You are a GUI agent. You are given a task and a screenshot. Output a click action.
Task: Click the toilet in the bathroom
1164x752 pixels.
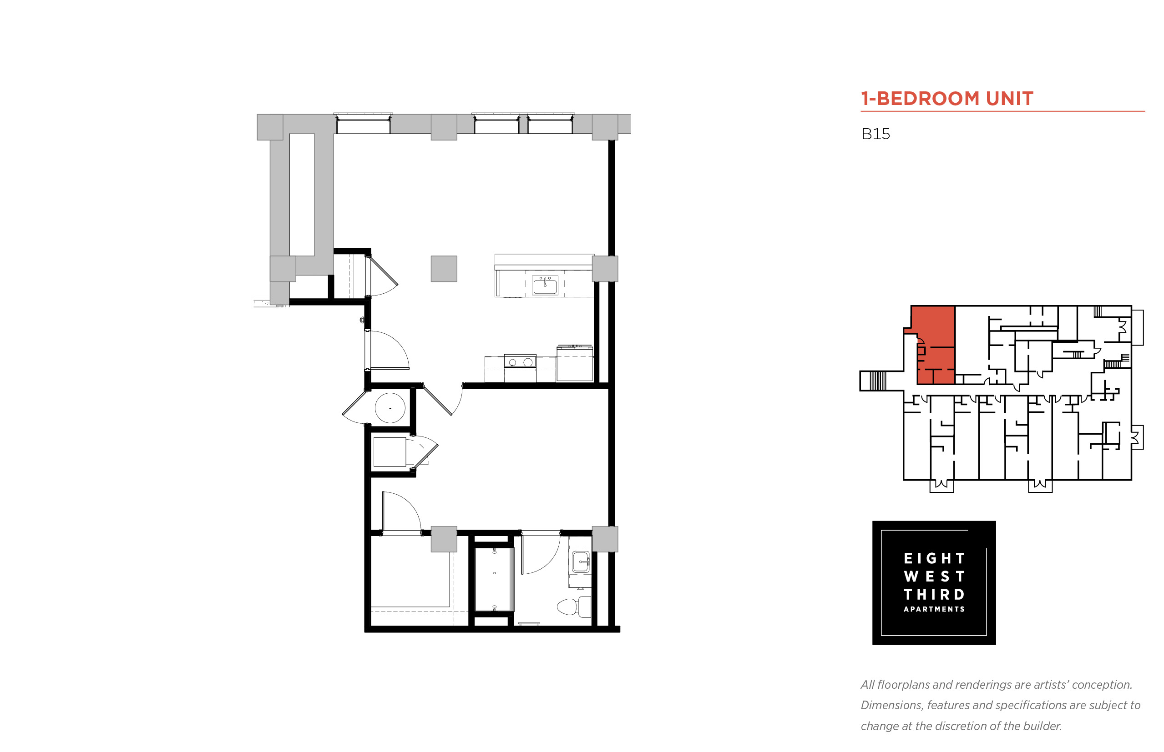[574, 607]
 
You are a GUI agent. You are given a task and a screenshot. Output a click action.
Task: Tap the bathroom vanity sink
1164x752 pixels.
[581, 562]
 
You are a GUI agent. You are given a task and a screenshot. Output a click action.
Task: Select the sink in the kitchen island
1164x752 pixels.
[545, 285]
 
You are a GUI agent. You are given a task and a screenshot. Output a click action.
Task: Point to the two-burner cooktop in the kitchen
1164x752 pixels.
[520, 362]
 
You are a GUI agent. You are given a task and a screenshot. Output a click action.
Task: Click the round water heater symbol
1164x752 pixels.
[390, 408]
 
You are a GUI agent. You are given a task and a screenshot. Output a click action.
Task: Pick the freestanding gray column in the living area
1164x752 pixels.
[444, 269]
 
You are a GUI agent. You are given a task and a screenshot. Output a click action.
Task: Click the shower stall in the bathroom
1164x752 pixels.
[494, 579]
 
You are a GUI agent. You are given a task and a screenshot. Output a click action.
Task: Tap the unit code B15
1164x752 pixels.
[875, 134]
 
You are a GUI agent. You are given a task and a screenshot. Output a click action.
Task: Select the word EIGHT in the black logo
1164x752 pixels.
[934, 558]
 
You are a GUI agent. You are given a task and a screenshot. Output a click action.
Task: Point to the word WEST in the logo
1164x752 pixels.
[934, 576]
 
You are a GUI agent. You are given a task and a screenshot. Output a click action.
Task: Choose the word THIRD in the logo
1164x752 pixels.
[934, 594]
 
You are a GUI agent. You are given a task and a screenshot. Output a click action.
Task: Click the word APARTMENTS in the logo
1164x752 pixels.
[934, 609]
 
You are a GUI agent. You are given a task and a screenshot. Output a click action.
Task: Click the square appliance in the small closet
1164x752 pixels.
[390, 452]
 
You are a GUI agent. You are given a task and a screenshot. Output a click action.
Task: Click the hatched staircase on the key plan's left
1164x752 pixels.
[878, 381]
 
